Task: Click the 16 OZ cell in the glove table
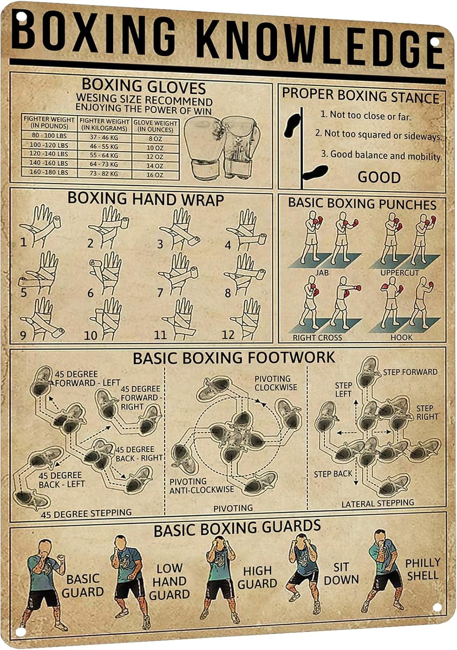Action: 155,175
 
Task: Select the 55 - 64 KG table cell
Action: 104,155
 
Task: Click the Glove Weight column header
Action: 155,126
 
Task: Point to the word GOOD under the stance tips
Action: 379,177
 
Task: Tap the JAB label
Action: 322,273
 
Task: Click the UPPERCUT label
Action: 399,273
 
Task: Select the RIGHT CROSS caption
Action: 317,338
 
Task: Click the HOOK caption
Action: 401,337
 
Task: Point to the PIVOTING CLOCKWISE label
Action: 276,383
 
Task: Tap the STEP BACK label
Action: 333,474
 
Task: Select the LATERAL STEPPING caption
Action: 378,504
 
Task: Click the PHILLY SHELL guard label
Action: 422,569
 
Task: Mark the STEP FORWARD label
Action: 410,372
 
